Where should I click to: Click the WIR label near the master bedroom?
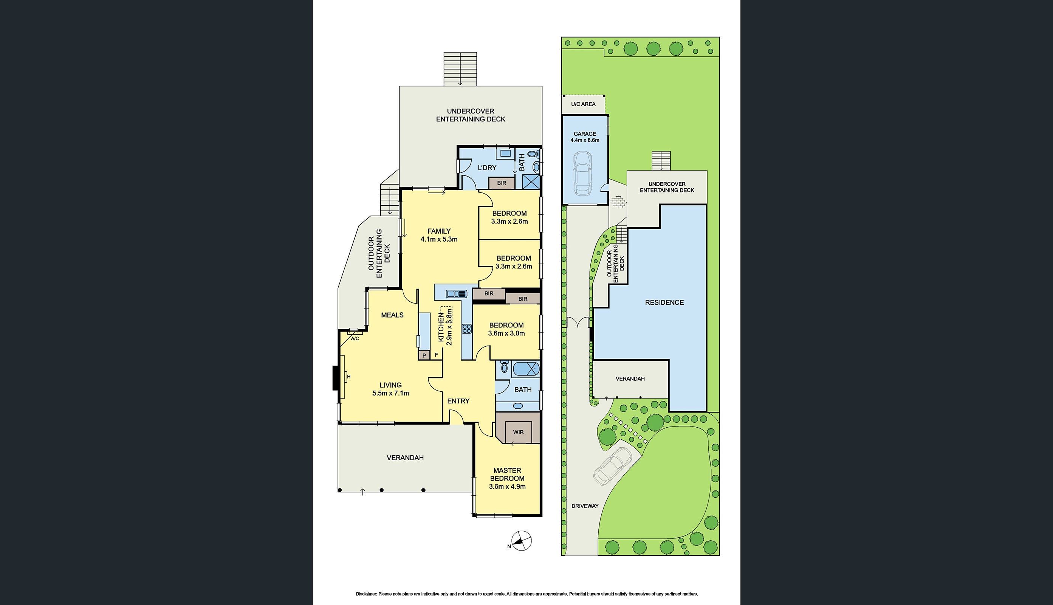pos(518,432)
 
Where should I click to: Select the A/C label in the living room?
pos(355,339)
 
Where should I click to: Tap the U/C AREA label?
pos(583,104)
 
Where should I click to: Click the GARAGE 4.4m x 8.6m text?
pos(585,137)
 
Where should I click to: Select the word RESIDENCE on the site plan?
pos(664,302)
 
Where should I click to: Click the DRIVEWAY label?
pos(585,506)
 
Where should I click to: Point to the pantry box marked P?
pos(424,355)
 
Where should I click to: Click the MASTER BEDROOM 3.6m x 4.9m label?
pos(507,478)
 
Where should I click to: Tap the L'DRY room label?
pos(487,168)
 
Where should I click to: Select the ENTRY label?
pos(458,401)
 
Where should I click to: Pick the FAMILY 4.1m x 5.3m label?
pos(439,235)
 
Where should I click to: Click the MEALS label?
pos(392,315)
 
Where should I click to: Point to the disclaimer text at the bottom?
pos(526,594)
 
